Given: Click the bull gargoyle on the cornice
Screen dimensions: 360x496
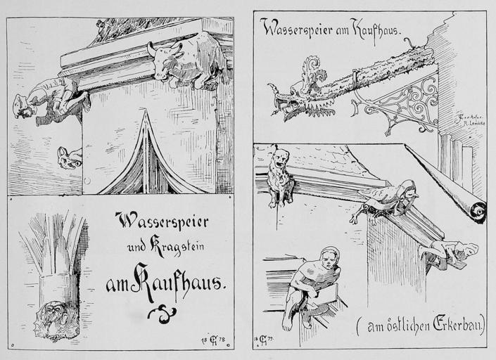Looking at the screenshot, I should pos(184,62).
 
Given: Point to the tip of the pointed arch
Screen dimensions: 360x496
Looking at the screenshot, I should pos(146,112).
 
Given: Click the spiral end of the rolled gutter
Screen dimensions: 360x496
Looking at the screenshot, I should pos(479,210).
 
